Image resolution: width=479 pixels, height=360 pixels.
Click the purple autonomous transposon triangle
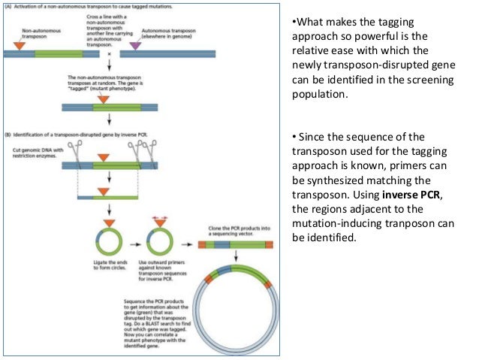(x=135, y=47)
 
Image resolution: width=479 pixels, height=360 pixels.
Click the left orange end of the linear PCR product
(x=202, y=244)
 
